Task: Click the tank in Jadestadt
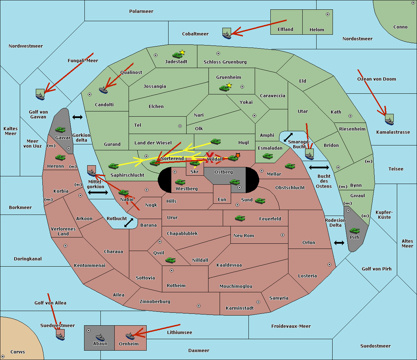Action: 178,55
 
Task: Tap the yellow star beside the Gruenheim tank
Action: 229,85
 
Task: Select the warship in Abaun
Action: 100,337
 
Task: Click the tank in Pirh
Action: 355,231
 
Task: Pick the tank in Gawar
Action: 60,129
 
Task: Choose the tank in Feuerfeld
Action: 240,218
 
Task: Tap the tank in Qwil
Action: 171,260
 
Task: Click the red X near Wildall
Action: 210,157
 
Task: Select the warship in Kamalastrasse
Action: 389,122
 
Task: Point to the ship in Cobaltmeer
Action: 227,35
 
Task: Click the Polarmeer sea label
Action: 141,11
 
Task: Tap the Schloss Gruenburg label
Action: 225,62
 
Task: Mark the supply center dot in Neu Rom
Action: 283,235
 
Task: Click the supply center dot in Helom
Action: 328,14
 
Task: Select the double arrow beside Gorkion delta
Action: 77,117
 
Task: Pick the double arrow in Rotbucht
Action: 129,223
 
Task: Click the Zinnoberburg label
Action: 155,302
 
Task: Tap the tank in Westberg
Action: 180,182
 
